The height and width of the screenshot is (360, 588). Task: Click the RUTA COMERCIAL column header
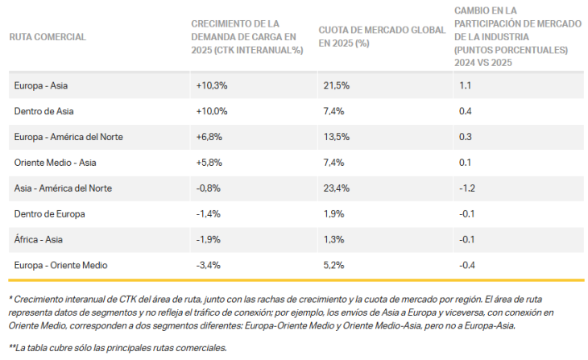(x=48, y=36)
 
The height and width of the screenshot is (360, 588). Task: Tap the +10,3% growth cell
(x=212, y=85)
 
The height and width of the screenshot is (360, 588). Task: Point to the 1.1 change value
(x=464, y=85)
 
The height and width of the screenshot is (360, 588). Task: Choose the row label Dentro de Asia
(x=44, y=110)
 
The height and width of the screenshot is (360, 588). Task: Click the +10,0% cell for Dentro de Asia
(x=212, y=110)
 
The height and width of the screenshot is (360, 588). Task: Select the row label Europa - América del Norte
(x=68, y=136)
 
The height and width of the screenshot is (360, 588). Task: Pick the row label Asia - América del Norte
(x=63, y=188)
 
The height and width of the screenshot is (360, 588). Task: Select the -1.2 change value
(x=466, y=188)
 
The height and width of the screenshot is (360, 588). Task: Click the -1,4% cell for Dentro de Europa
(x=209, y=213)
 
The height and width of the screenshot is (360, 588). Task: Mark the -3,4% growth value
(x=209, y=265)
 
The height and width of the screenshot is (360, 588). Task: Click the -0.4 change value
(x=466, y=265)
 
